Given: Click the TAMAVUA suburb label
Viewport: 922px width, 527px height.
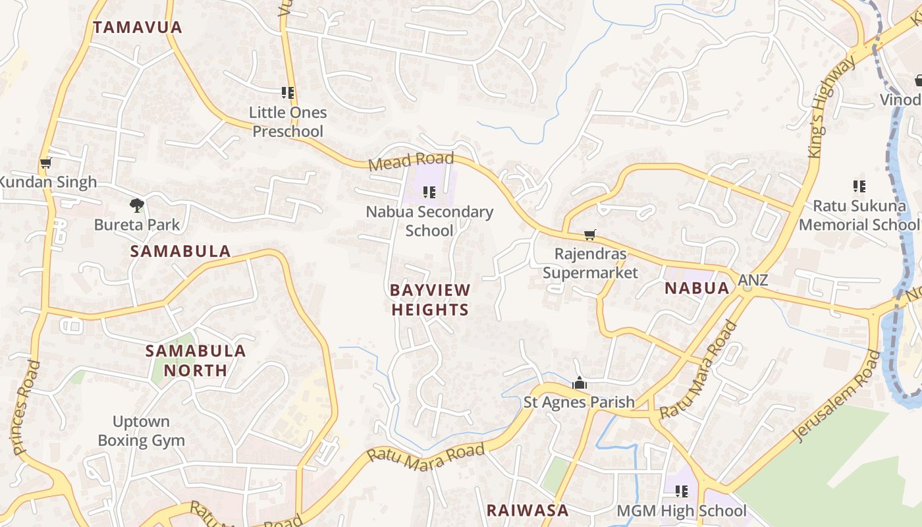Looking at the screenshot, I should (137, 28).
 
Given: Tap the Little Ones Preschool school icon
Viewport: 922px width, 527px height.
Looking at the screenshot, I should (288, 93).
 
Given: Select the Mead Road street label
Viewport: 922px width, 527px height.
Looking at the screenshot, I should (411, 160).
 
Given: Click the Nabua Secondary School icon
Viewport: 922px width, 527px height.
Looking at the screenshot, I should (429, 192).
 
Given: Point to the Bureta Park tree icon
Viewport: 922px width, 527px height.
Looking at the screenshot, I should (136, 205).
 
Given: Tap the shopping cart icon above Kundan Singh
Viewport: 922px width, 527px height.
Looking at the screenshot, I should (45, 163).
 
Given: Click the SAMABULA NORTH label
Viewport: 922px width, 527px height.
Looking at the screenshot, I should (196, 360).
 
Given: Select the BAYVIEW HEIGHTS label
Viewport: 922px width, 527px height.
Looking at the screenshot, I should (430, 300).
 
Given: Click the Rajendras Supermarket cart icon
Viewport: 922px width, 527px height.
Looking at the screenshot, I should (590, 235).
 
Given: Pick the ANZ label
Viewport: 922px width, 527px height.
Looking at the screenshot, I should (753, 280).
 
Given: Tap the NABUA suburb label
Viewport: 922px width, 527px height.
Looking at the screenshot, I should (697, 288).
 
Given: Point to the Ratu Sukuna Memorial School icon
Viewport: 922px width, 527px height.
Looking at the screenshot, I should (859, 186).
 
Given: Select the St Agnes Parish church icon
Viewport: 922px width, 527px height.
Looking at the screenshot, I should (580, 383).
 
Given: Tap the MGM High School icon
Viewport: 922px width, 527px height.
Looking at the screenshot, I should (682, 491).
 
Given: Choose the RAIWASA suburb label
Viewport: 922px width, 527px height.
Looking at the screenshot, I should (527, 510).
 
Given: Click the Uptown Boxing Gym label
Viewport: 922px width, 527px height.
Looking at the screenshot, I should (141, 431).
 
